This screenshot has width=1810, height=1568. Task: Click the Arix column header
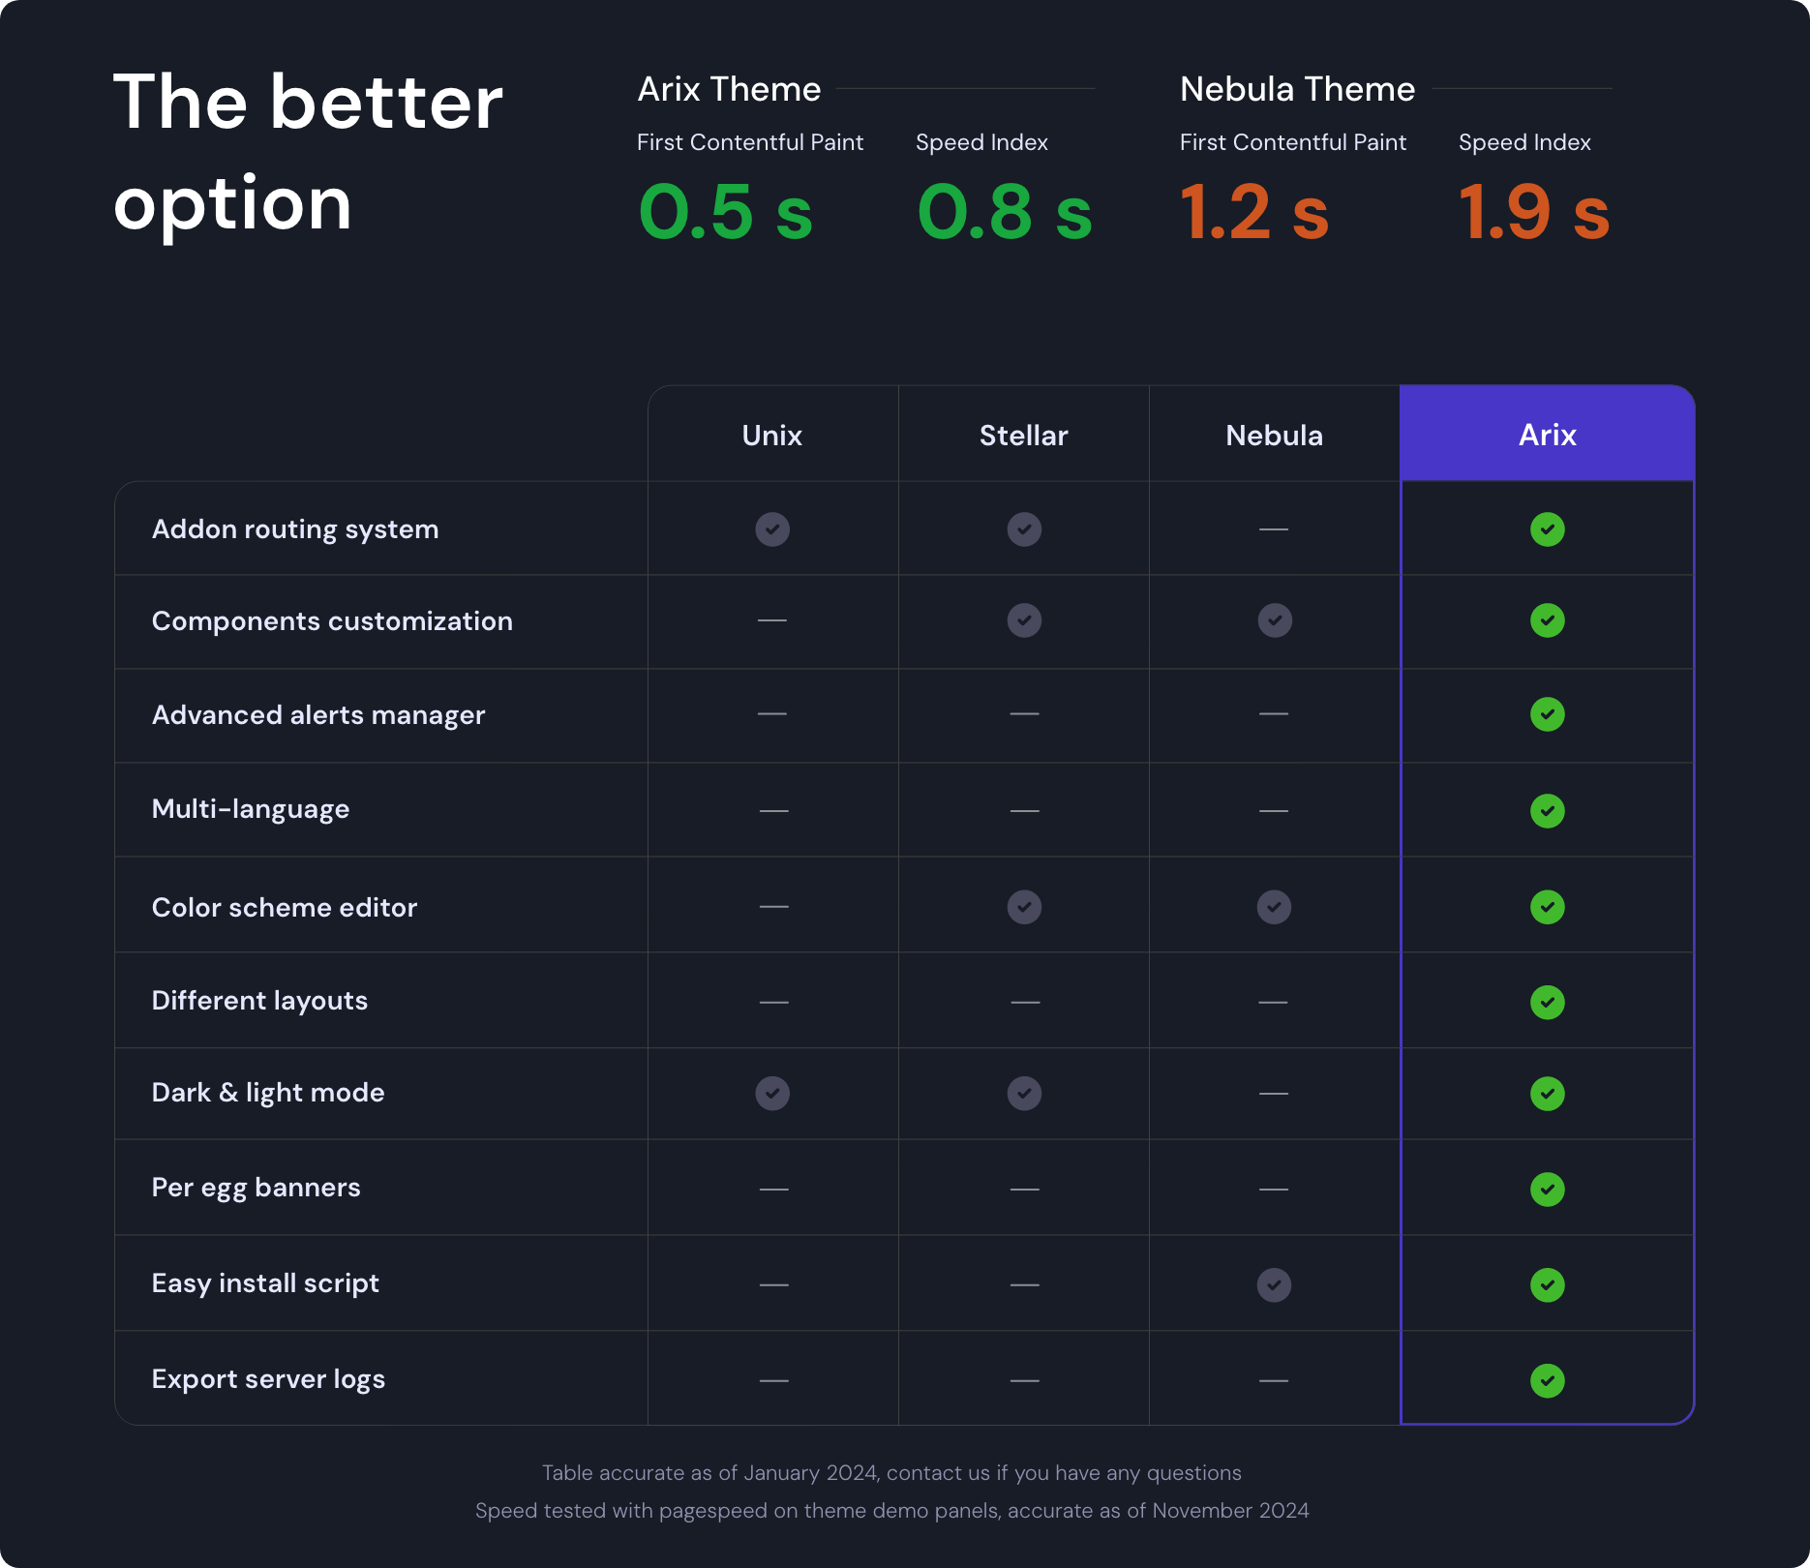point(1547,435)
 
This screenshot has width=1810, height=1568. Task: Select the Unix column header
point(771,436)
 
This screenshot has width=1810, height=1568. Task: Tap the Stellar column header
point(1023,436)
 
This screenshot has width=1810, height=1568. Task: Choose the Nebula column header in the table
point(1274,436)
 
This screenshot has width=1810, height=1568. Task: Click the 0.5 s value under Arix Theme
point(725,212)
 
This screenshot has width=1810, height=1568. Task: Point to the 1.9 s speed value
point(1533,212)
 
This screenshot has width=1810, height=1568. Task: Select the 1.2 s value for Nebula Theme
point(1253,212)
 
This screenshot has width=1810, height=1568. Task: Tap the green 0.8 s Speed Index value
point(1004,212)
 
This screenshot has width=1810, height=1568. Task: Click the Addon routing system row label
point(295,529)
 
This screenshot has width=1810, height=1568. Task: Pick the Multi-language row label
point(251,809)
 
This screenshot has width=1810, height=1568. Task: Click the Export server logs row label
point(268,1379)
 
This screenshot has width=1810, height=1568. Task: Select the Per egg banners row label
point(256,1188)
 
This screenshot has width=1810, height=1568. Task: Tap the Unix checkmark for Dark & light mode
point(772,1094)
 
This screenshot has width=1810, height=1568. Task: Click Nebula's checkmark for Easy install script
point(1274,1285)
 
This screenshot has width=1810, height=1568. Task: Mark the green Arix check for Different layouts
point(1547,1003)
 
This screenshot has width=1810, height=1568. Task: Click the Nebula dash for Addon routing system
point(1274,529)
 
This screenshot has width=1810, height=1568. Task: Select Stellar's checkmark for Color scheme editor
point(1024,907)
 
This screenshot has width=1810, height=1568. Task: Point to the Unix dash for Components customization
point(771,619)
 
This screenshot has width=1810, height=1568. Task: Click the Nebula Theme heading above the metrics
point(1297,89)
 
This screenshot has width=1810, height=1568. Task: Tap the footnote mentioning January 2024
point(891,1473)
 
